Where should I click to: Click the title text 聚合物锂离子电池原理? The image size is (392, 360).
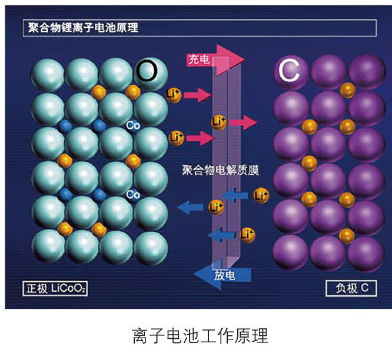[x=83, y=28]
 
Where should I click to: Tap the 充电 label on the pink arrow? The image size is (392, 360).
[x=197, y=59]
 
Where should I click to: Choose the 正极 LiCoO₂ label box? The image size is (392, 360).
[x=55, y=289]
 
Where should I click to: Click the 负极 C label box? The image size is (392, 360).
[x=350, y=289]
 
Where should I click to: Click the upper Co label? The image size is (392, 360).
[x=132, y=125]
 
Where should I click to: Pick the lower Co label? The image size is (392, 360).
[x=132, y=194]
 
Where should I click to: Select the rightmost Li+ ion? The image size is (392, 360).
[x=261, y=195]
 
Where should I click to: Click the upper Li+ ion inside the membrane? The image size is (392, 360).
[x=219, y=122]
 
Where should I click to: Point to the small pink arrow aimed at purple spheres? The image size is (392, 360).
[x=243, y=122]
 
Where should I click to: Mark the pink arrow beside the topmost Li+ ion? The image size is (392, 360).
[x=197, y=94]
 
